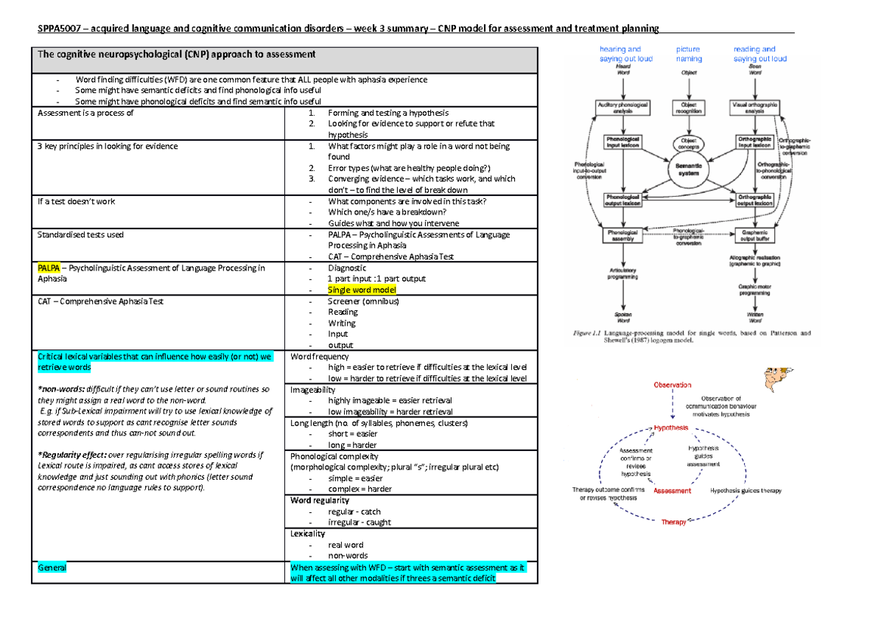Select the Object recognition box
[688, 108]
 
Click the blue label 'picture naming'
[689, 54]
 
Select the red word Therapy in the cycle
[673, 522]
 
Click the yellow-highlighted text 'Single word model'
[362, 290]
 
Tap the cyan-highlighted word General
[52, 568]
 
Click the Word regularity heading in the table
[320, 500]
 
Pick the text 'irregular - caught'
[359, 523]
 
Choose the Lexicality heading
[309, 534]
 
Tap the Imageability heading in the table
[313, 389]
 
